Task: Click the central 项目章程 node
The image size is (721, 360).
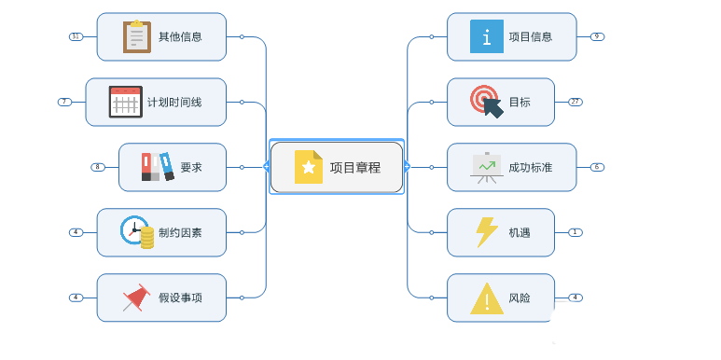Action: click(337, 167)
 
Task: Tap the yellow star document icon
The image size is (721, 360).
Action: click(308, 167)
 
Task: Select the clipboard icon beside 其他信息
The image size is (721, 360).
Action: click(137, 36)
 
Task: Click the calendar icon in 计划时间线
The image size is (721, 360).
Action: click(125, 102)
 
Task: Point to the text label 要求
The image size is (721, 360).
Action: click(191, 168)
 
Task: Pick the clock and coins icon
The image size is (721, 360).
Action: click(137, 231)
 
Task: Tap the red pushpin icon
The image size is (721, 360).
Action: click(136, 298)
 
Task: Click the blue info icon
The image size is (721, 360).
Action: click(487, 36)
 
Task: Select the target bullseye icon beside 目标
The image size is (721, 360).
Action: click(486, 101)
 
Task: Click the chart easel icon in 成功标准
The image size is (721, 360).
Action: click(486, 167)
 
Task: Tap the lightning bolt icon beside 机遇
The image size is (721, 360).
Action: click(486, 232)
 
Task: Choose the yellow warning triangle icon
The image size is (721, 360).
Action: click(486, 298)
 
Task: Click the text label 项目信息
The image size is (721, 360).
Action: click(531, 37)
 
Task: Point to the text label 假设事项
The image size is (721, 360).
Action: click(180, 298)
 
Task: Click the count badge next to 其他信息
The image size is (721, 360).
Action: click(76, 36)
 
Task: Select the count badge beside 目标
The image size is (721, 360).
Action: click(575, 102)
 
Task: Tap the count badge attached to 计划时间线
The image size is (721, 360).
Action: click(64, 102)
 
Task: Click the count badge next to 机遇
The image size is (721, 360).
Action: click(575, 232)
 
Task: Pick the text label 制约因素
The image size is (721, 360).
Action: click(180, 233)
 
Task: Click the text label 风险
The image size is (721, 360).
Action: click(520, 298)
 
